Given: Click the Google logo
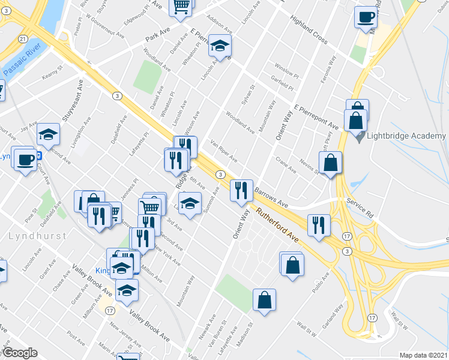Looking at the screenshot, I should (19, 353).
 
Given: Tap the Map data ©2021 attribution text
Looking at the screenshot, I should (423, 355).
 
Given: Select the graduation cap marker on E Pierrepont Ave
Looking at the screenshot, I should (220, 46).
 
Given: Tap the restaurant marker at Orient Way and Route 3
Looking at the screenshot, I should (241, 190).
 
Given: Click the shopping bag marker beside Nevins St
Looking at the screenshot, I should (331, 162).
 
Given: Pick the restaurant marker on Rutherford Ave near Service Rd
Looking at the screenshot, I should (318, 224).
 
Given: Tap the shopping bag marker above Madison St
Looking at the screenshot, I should (264, 299).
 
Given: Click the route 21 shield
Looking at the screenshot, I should (22, 39).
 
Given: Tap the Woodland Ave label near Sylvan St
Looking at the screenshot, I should (240, 122).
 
